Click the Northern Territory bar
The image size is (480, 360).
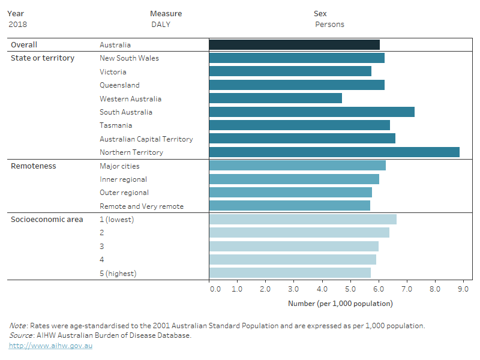[x=334, y=152]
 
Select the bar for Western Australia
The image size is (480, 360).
[x=275, y=98]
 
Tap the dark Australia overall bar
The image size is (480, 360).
[x=294, y=45]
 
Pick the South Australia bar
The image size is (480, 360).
[x=311, y=112]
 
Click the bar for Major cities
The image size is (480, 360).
[x=297, y=166]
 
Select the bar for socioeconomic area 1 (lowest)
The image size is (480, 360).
[x=302, y=220]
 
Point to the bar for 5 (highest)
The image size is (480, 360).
[x=290, y=273]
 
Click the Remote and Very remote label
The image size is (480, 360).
[x=142, y=206]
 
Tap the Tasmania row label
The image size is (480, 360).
[x=116, y=125]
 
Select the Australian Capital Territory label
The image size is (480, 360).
[x=146, y=139]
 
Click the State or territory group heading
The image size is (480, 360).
[x=43, y=58]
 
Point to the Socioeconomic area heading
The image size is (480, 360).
[x=47, y=220]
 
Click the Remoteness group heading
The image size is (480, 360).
[x=34, y=166]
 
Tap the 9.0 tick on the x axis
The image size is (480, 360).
[x=463, y=289]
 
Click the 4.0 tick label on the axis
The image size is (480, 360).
[x=322, y=289]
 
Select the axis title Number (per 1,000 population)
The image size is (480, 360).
[x=340, y=304]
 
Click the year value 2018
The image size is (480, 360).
[x=18, y=25]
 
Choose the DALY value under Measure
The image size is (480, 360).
[x=161, y=25]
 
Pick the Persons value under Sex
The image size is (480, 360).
[x=329, y=25]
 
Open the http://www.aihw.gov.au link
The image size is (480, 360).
[x=50, y=346]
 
